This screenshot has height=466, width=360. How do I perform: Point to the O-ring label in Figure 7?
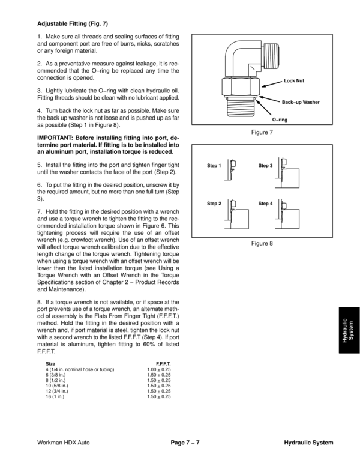(x=280, y=120)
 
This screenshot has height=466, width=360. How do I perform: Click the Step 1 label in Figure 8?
(x=214, y=165)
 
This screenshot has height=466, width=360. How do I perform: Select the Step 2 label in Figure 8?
(x=214, y=204)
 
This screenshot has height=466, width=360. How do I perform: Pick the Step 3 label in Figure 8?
(x=265, y=165)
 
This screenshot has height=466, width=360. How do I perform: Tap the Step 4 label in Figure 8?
(x=265, y=204)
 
